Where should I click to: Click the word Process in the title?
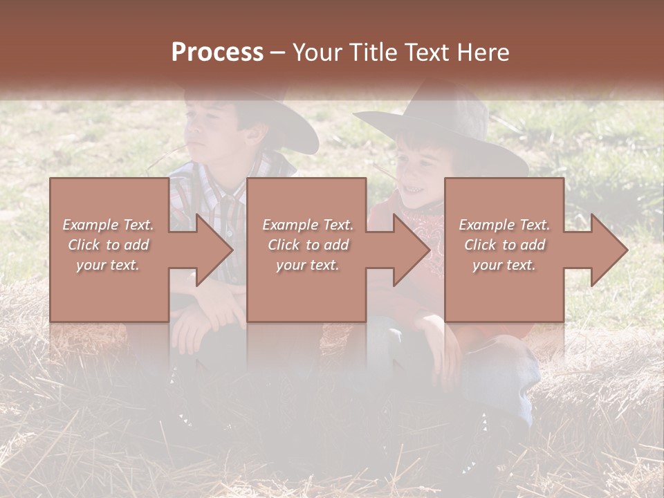tap(217, 52)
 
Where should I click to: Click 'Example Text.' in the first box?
tap(108, 225)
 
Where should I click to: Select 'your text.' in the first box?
tap(108, 265)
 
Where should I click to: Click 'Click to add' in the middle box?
tap(308, 245)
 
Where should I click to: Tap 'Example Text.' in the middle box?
tap(308, 225)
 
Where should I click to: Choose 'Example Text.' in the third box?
tap(504, 225)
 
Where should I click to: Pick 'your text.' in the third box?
tap(504, 265)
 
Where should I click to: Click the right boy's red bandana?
tap(419, 228)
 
